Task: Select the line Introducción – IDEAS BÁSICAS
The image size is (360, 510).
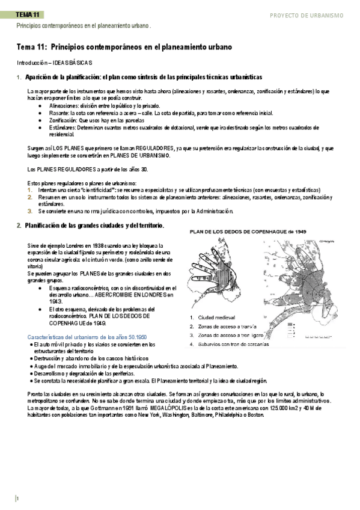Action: point(54,63)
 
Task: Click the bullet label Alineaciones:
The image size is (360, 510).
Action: point(58,105)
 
